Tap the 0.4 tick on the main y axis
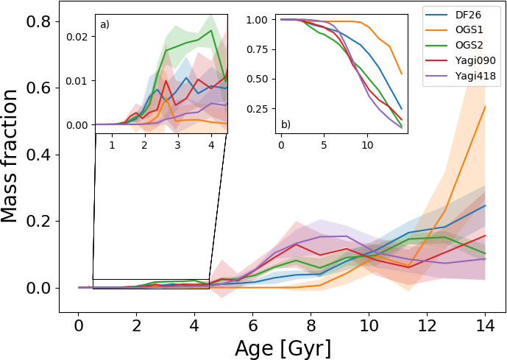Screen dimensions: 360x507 coord(39,155)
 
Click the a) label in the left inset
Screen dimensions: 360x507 coord(104,24)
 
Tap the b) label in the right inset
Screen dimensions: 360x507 coord(286,124)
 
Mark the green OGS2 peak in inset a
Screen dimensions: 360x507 coord(212,30)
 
